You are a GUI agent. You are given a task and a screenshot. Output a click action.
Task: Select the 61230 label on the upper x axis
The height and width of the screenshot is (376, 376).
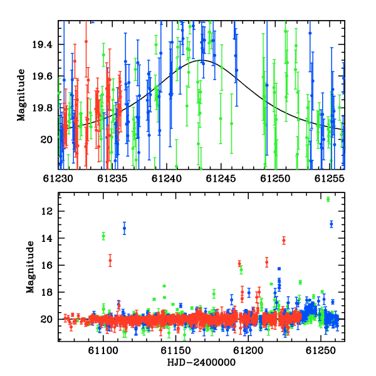58,179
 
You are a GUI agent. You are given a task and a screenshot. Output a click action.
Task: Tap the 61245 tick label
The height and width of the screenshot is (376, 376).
221,179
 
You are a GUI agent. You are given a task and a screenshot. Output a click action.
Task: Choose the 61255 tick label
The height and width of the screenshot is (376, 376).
330,179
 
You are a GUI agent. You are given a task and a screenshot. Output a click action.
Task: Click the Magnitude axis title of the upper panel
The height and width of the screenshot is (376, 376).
21,95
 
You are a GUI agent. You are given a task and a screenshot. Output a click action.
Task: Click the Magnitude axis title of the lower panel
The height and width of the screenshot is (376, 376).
30,267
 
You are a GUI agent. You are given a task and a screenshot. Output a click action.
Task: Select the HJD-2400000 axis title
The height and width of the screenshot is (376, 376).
201,362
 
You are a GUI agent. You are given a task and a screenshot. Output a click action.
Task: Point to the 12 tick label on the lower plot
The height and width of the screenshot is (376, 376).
47,211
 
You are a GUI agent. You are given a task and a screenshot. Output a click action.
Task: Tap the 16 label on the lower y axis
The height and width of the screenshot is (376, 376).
47,265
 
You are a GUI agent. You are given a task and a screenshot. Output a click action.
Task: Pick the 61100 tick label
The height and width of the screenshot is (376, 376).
103,350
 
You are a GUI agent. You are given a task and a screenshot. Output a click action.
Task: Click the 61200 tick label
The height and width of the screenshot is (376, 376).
248,350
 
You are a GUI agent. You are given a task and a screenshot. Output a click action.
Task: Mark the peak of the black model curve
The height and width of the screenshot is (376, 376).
204,60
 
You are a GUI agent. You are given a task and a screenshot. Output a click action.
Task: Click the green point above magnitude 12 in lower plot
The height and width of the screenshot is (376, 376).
328,199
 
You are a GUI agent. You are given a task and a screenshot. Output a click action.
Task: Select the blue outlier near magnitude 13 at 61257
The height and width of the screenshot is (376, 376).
332,224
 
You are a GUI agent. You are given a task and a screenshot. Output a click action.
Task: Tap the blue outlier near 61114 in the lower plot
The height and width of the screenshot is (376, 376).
124,228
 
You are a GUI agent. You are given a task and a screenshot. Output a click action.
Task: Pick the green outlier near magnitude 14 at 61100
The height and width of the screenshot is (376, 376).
103,236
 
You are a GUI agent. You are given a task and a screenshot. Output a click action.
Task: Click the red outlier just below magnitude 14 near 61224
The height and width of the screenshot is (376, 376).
284,240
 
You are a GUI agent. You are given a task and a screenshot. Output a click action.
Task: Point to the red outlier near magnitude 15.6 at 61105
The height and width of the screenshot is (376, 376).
110,261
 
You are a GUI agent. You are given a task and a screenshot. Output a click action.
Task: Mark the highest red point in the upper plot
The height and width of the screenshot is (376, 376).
86,41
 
